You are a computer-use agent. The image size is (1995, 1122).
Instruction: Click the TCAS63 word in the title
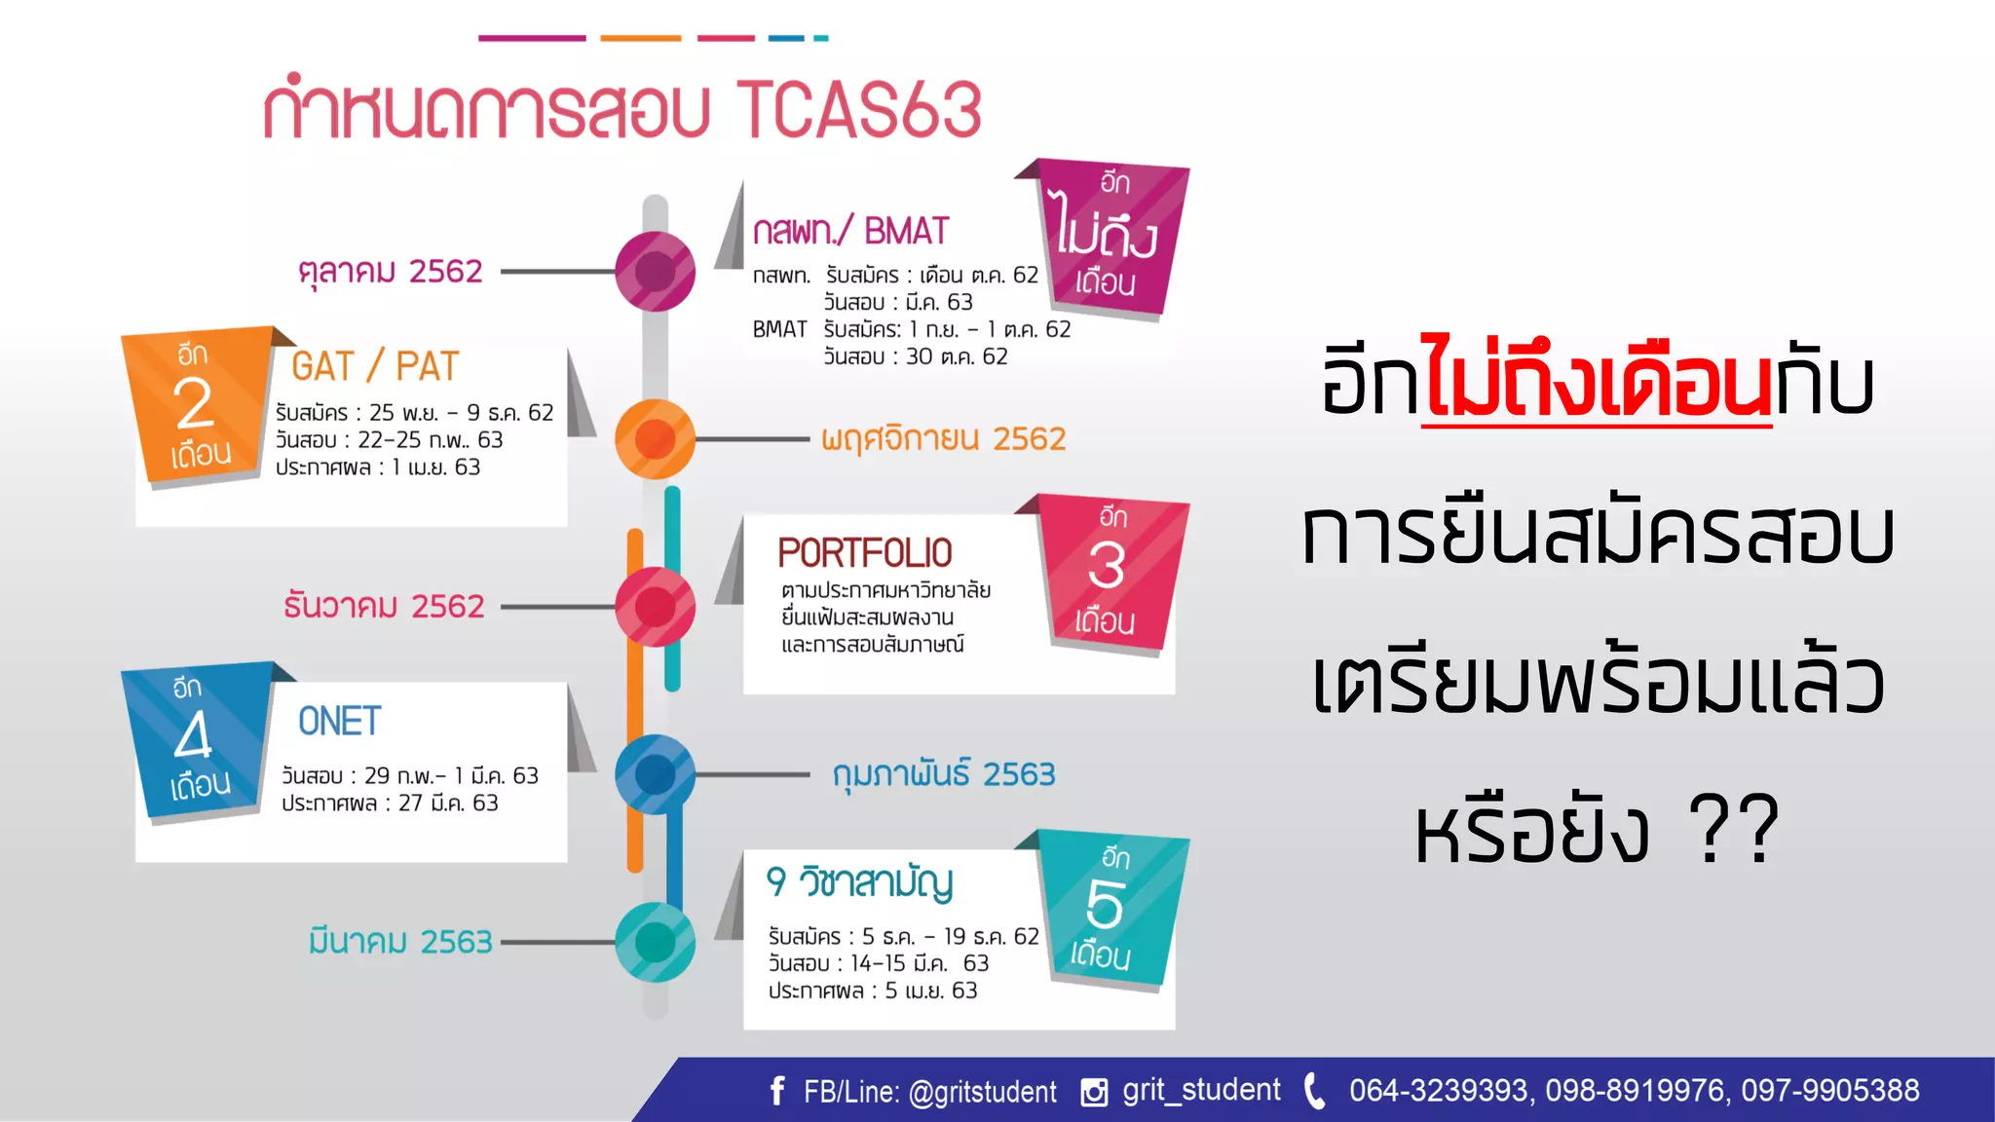[858, 109]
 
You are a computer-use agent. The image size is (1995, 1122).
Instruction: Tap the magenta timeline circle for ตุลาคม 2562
[656, 271]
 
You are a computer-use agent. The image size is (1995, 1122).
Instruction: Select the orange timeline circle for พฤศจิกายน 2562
[656, 439]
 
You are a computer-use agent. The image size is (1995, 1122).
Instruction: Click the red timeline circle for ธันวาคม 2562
[656, 607]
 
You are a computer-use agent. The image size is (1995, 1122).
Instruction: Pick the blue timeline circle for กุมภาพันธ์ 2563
[656, 775]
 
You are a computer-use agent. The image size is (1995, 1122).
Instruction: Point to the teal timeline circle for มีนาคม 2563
[656, 942]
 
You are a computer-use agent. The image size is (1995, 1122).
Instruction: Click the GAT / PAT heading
[374, 367]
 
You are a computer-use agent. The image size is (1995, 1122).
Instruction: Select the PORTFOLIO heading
[864, 553]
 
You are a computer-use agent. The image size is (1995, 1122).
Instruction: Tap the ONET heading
[339, 722]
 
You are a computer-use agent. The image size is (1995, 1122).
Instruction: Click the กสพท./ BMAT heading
[849, 232]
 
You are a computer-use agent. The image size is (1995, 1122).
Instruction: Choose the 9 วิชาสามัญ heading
[859, 882]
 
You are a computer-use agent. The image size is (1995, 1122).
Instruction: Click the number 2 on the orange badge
[194, 404]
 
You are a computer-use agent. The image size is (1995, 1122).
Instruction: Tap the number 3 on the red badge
[1107, 566]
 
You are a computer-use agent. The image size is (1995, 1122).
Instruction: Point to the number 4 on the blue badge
[193, 736]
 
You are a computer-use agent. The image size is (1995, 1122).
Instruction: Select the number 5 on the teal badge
[1105, 905]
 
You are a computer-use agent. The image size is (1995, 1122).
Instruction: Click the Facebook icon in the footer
[776, 1091]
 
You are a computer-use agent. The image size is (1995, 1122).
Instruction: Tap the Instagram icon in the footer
[1094, 1092]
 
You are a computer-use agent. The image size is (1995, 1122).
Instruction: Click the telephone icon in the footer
[1314, 1091]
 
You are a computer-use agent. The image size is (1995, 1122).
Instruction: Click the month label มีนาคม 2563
[400, 942]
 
